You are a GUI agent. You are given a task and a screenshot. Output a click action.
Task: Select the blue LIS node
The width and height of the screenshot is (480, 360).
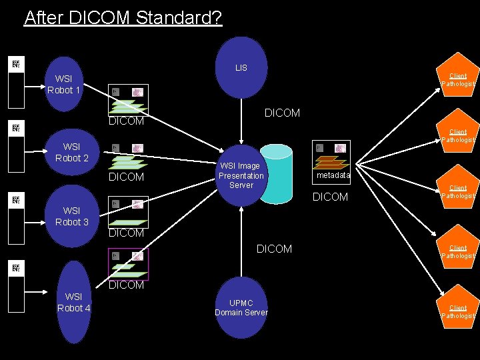(241, 67)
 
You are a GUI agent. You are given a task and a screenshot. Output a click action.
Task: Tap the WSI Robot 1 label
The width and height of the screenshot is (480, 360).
(63, 85)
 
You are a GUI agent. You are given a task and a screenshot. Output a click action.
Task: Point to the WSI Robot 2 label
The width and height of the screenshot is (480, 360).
(72, 152)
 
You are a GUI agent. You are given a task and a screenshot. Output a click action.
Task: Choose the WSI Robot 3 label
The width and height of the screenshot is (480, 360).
(72, 216)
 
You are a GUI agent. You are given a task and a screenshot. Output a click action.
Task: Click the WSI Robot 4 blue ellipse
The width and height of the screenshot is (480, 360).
(73, 301)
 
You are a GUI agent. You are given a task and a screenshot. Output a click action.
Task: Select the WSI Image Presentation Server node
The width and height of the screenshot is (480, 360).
(241, 175)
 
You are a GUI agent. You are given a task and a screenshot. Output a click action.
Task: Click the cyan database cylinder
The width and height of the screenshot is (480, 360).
(276, 175)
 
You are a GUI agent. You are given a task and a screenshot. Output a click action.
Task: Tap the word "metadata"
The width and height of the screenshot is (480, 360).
(334, 175)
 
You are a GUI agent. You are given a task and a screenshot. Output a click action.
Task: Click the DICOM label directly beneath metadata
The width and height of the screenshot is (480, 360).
(330, 197)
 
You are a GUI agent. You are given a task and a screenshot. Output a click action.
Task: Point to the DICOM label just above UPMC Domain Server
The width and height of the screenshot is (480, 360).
(274, 249)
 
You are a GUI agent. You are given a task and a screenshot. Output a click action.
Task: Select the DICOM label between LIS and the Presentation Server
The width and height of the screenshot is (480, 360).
(282, 113)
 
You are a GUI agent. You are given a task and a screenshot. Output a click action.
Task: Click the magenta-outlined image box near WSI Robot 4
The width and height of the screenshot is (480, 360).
(128, 264)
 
